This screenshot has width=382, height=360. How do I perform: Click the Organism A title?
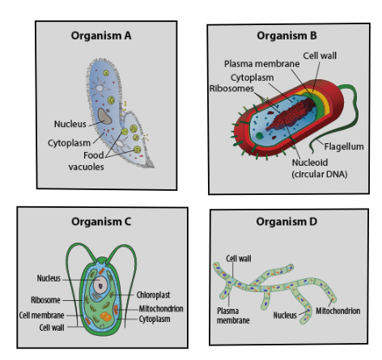pyautogui.click(x=101, y=36)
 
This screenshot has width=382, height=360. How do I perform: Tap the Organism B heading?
pyautogui.click(x=286, y=36)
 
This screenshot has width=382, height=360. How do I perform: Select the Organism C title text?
pyautogui.click(x=101, y=222)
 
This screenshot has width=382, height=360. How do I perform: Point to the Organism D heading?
pyautogui.click(x=286, y=222)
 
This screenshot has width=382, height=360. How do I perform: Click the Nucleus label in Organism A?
pyautogui.click(x=70, y=124)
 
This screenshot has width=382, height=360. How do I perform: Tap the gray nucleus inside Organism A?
pyautogui.click(x=104, y=116)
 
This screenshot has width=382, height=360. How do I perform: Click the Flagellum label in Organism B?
pyautogui.click(x=344, y=146)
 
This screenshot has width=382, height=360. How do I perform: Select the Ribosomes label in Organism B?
pyautogui.click(x=231, y=88)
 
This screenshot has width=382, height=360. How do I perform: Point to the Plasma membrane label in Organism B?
pyautogui.click(x=262, y=64)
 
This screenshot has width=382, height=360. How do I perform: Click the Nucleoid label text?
pyautogui.click(x=310, y=163)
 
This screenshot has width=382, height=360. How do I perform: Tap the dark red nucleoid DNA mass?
pyautogui.click(x=292, y=115)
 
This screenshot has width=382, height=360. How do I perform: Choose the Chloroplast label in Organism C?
pyautogui.click(x=153, y=295)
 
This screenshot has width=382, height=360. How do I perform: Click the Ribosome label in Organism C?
pyautogui.click(x=45, y=300)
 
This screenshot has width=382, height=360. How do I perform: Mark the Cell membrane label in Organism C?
pyautogui.click(x=42, y=316)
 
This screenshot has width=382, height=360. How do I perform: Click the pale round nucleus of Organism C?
pyautogui.click(x=100, y=285)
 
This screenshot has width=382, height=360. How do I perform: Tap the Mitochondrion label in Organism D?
pyautogui.click(x=338, y=311)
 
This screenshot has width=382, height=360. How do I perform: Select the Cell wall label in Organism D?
pyautogui.click(x=239, y=259)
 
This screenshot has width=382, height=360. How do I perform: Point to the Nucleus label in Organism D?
pyautogui.click(x=285, y=316)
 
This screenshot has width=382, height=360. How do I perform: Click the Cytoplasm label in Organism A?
pyautogui.click(x=70, y=143)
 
